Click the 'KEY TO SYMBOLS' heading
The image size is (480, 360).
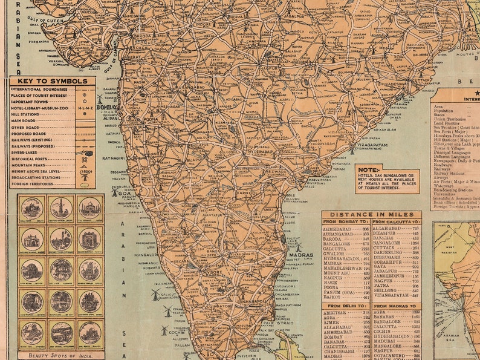tap(52, 81)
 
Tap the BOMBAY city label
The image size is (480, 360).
tap(107, 107)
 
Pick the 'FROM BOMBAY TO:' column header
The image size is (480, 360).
tap(346, 222)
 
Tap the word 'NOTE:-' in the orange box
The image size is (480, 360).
tap(370, 169)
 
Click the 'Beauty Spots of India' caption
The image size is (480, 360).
tap(60, 355)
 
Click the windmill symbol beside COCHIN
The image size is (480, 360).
tap(164, 330)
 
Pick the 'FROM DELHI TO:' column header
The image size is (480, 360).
tap(346, 306)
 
